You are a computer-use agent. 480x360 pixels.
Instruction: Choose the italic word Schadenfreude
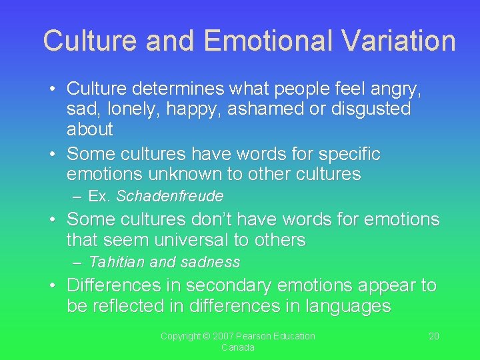tap(169, 197)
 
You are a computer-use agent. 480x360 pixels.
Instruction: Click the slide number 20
tap(433, 336)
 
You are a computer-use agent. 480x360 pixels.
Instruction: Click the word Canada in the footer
tap(238, 347)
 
